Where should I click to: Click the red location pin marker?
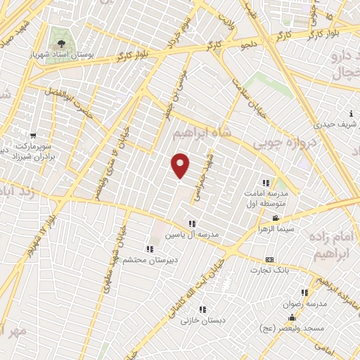(x=181, y=165)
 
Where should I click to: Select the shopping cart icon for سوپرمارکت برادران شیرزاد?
(x=33, y=134)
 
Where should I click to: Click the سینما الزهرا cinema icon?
(x=276, y=218)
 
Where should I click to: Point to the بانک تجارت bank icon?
(x=269, y=259)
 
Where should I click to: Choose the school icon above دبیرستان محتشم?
(x=149, y=248)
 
